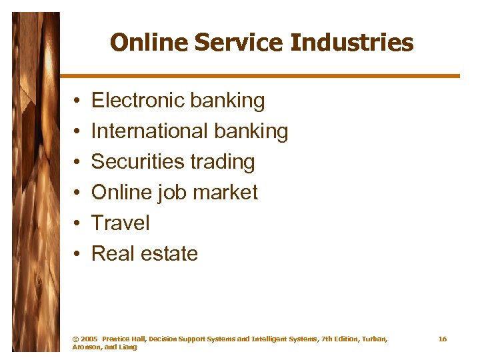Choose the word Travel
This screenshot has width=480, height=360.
(120, 223)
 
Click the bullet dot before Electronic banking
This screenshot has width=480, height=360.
(77, 101)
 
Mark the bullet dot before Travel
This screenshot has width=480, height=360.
(77, 224)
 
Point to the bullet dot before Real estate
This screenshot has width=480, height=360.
(77, 255)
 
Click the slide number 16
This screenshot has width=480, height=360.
(442, 339)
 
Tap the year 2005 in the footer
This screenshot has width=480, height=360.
(89, 339)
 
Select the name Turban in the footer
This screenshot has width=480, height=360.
(371, 339)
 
